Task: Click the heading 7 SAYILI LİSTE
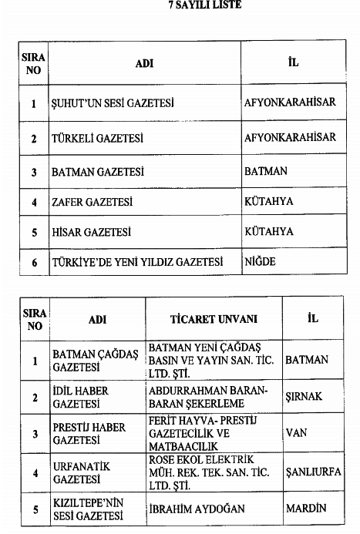[183, 6]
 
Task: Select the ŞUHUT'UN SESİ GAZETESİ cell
[113, 102]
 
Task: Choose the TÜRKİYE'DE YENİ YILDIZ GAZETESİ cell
[136, 262]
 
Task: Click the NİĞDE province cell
[260, 262]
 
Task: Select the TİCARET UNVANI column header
[214, 319]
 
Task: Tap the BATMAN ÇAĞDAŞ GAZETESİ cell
[95, 361]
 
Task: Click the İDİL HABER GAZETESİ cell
[81, 398]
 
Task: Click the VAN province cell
[296, 434]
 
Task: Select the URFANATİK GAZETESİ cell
[81, 472]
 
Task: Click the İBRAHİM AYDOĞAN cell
[197, 509]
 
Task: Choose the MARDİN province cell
[306, 509]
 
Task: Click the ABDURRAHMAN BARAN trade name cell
[208, 398]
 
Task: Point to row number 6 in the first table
[34, 262]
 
